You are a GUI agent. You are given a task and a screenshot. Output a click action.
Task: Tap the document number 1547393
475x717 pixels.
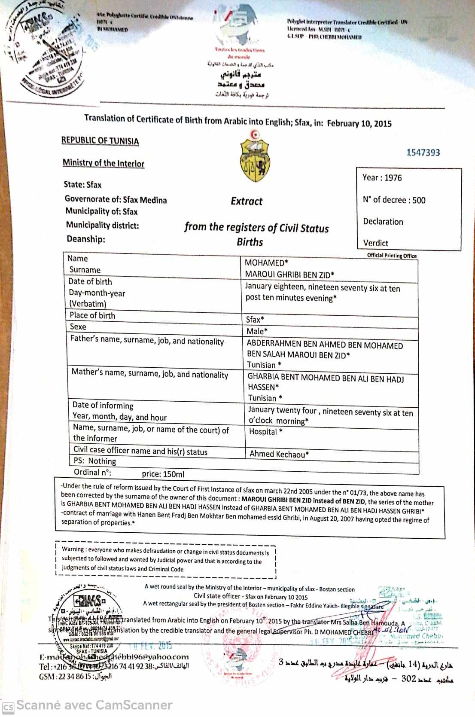423,153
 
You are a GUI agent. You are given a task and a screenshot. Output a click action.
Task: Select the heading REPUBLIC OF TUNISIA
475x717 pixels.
100,141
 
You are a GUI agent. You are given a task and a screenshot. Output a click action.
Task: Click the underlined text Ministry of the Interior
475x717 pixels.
104,163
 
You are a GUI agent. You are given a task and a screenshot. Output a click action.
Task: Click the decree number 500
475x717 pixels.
419,200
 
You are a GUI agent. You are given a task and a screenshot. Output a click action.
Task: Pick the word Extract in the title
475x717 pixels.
247,201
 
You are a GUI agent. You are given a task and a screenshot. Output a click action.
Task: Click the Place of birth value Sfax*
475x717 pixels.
255,319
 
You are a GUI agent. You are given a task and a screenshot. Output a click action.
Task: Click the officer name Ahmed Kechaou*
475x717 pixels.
279,454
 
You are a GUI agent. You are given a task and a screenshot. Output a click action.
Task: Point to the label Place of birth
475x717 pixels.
92,315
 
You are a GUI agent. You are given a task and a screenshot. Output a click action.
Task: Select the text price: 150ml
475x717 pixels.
163,474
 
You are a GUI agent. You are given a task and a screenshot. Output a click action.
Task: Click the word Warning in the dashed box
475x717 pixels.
73,549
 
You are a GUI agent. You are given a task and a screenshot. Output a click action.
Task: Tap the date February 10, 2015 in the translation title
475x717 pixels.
359,124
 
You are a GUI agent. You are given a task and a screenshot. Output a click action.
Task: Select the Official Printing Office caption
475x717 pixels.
392,256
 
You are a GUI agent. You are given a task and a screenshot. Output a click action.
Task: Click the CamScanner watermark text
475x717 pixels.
94,705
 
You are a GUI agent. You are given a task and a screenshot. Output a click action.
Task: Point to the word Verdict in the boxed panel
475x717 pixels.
375,243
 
